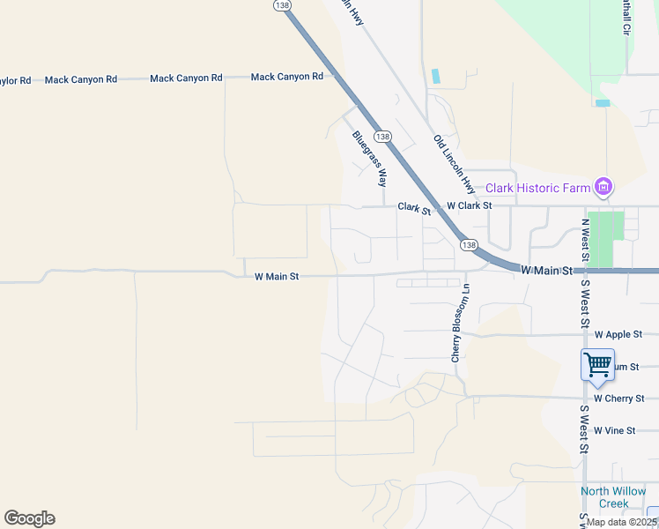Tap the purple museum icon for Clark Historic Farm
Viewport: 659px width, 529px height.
tap(603, 186)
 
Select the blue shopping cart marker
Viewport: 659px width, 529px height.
tap(597, 364)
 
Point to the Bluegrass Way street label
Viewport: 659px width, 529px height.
tap(370, 159)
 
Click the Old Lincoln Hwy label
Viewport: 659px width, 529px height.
tap(455, 165)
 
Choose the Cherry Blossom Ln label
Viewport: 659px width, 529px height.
tap(455, 323)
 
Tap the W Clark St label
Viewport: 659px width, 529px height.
tap(468, 205)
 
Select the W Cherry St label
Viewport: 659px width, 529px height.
tap(618, 399)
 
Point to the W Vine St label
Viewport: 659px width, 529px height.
tap(614, 430)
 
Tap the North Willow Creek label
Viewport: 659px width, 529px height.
tap(613, 497)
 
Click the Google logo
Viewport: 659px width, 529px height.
tap(29, 518)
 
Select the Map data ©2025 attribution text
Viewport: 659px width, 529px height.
tap(623, 522)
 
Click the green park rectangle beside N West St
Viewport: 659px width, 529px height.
tap(605, 238)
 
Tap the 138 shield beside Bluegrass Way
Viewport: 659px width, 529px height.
tap(382, 137)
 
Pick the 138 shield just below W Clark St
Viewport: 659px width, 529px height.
tap(469, 244)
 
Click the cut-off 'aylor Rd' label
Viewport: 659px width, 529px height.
tap(15, 80)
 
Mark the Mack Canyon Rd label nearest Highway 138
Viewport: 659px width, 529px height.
tap(286, 78)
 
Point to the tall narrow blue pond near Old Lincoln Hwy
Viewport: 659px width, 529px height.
tap(435, 76)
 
